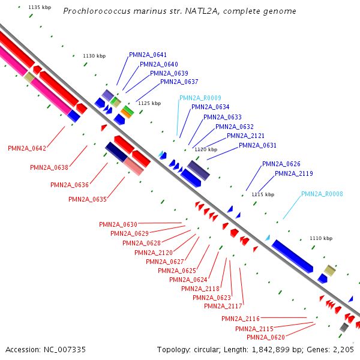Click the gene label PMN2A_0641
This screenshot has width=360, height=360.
(148, 55)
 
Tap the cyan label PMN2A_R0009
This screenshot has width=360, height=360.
(200, 98)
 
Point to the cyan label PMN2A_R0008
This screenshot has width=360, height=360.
(322, 194)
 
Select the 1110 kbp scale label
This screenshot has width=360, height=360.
(320, 238)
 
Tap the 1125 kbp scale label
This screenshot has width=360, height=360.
(149, 103)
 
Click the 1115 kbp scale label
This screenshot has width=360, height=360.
(262, 194)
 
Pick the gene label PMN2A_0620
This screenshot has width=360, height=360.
(266, 337)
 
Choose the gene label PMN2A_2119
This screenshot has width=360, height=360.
(293, 173)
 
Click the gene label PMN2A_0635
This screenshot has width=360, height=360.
(88, 199)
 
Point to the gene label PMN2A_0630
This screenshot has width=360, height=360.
(118, 224)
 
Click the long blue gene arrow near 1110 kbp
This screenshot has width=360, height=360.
(292, 256)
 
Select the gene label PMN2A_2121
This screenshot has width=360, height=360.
(246, 136)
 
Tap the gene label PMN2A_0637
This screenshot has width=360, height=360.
(179, 82)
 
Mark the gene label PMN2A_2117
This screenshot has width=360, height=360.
(223, 306)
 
